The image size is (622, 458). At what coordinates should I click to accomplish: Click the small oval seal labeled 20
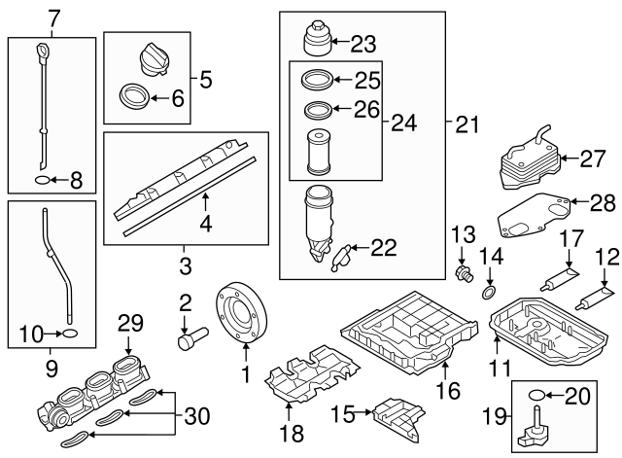click(536, 396)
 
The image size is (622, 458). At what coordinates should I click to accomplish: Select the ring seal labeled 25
click(316, 81)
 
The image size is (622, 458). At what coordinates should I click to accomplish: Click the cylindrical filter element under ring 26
click(318, 151)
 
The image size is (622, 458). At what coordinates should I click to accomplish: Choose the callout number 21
click(468, 123)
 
